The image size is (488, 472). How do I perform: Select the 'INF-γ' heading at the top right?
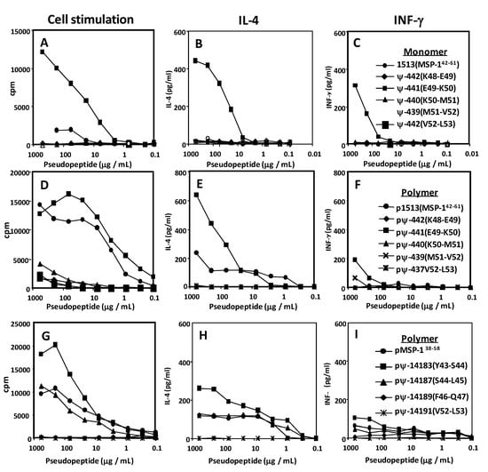411,17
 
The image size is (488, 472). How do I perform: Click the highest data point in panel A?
41,52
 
